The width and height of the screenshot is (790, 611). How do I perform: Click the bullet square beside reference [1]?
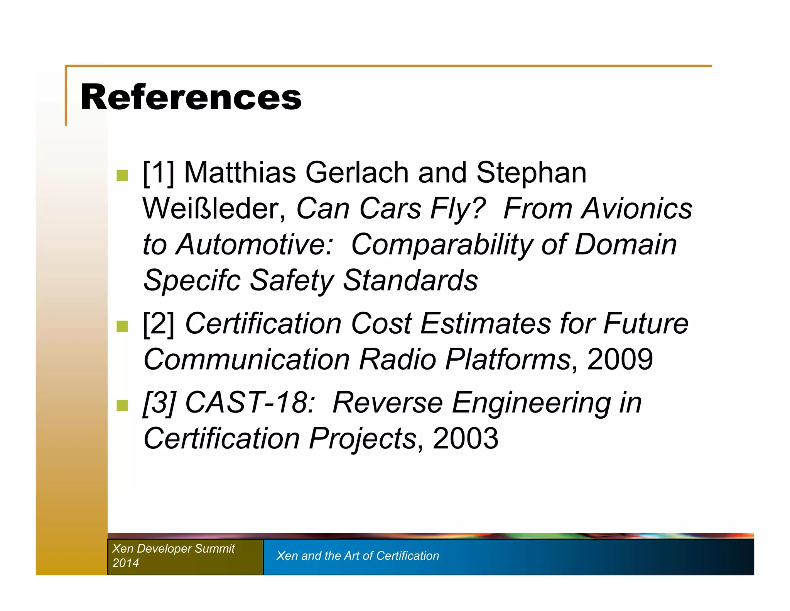point(122,175)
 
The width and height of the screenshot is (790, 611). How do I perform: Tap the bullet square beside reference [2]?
point(122,326)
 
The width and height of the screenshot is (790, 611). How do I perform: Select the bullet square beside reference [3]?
point(122,406)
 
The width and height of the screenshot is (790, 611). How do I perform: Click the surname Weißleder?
point(214,209)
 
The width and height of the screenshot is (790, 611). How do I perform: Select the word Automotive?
point(254,244)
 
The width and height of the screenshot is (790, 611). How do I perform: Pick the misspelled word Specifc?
point(192,280)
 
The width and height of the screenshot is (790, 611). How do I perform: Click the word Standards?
point(410,280)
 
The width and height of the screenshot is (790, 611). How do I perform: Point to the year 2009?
point(620,360)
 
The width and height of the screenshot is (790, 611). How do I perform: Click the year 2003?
point(465,439)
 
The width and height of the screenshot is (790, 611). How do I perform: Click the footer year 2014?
point(126,563)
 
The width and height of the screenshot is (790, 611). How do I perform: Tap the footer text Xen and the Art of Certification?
point(358,556)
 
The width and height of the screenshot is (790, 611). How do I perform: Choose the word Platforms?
point(508,360)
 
